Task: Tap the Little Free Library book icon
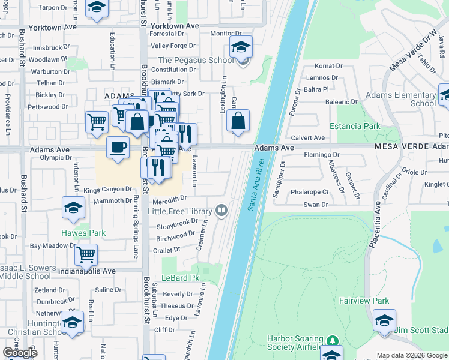[x=221, y=210]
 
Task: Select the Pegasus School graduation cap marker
[x=241, y=47]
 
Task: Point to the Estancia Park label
[x=355, y=127]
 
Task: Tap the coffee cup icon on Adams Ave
[x=118, y=146]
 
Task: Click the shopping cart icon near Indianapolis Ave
[x=86, y=254]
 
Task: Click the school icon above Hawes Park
[x=73, y=208]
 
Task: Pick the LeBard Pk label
[x=186, y=278]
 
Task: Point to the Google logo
[x=20, y=353]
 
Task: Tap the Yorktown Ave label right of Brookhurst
[x=175, y=26]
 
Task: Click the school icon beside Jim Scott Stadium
[x=384, y=320]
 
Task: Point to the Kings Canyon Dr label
[x=107, y=190]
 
